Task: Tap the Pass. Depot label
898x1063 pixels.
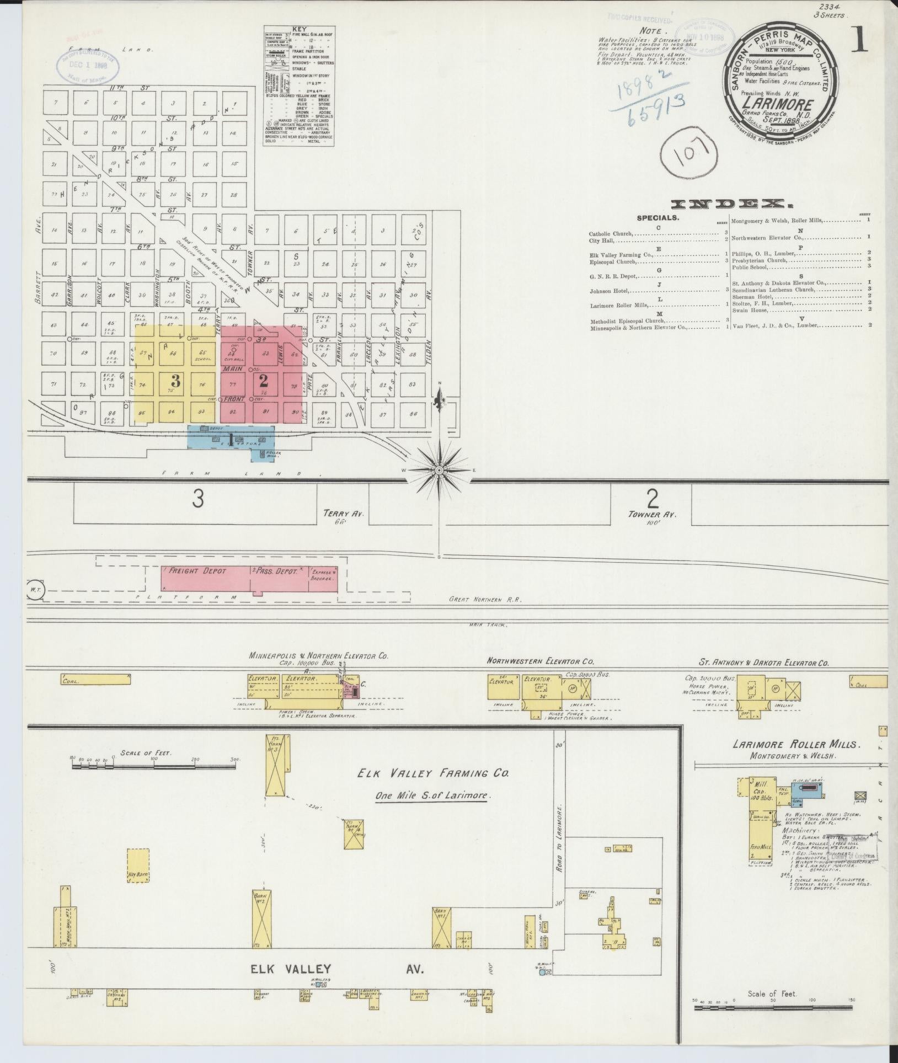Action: click(275, 571)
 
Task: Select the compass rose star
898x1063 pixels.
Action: click(439, 470)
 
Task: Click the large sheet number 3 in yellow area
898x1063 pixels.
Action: click(176, 380)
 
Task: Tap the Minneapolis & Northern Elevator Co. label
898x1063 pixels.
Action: click(319, 656)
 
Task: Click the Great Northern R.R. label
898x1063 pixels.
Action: click(485, 599)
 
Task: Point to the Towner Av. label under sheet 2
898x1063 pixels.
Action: click(652, 515)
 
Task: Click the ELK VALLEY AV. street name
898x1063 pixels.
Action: click(336, 969)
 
